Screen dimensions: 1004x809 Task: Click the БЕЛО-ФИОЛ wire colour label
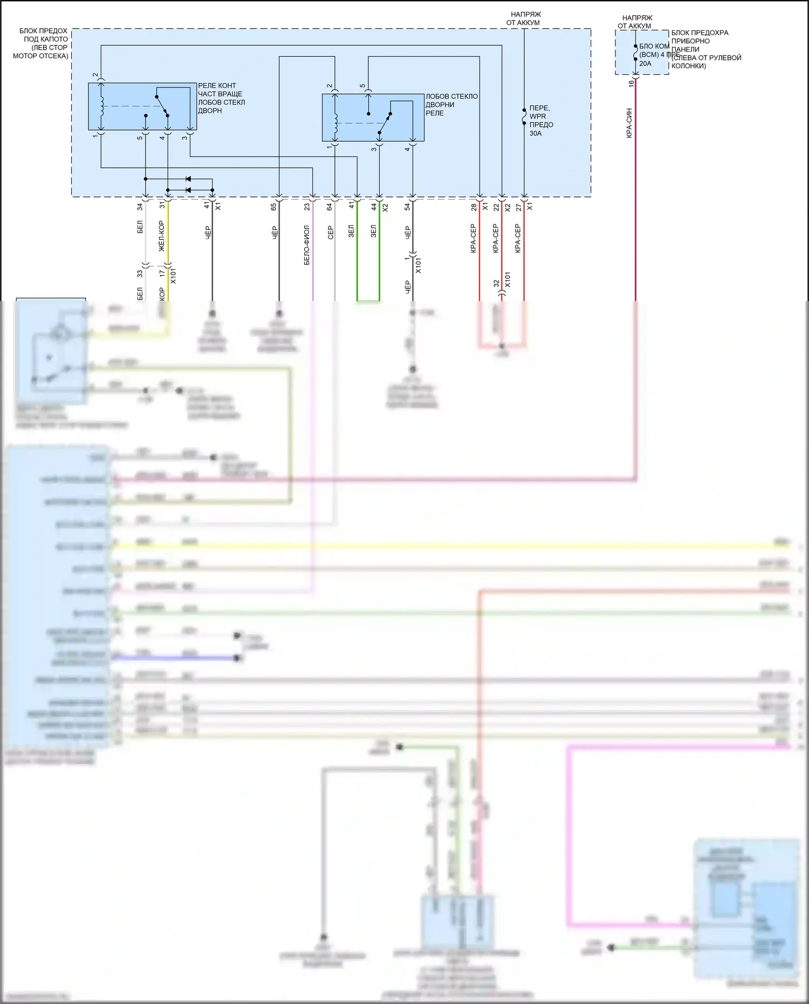[307, 244]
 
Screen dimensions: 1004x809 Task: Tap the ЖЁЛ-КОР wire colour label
[161, 236]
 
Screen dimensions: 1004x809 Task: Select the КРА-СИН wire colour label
[629, 123]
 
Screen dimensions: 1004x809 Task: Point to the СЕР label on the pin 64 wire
[330, 233]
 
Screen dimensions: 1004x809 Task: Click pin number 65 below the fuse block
[273, 207]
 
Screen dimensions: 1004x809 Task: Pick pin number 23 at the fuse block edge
[307, 207]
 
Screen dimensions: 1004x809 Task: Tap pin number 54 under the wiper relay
[407, 207]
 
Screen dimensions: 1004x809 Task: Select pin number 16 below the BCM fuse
[631, 84]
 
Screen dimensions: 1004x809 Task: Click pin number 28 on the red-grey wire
[474, 207]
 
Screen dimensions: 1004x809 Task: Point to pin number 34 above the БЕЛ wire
[140, 207]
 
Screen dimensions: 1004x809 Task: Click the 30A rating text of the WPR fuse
[535, 133]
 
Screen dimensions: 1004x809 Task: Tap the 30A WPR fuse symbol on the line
[524, 116]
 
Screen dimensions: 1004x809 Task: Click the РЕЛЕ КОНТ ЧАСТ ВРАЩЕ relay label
[221, 98]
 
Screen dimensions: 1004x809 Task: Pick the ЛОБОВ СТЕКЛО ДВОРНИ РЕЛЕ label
[451, 104]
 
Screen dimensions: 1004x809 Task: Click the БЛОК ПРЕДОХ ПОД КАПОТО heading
[42, 43]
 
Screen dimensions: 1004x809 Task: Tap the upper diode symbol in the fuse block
[188, 179]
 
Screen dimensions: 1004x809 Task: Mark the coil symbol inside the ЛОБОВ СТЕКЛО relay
[335, 123]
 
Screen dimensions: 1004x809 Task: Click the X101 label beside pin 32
[507, 280]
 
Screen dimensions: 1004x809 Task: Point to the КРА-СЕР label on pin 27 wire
[518, 238]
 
